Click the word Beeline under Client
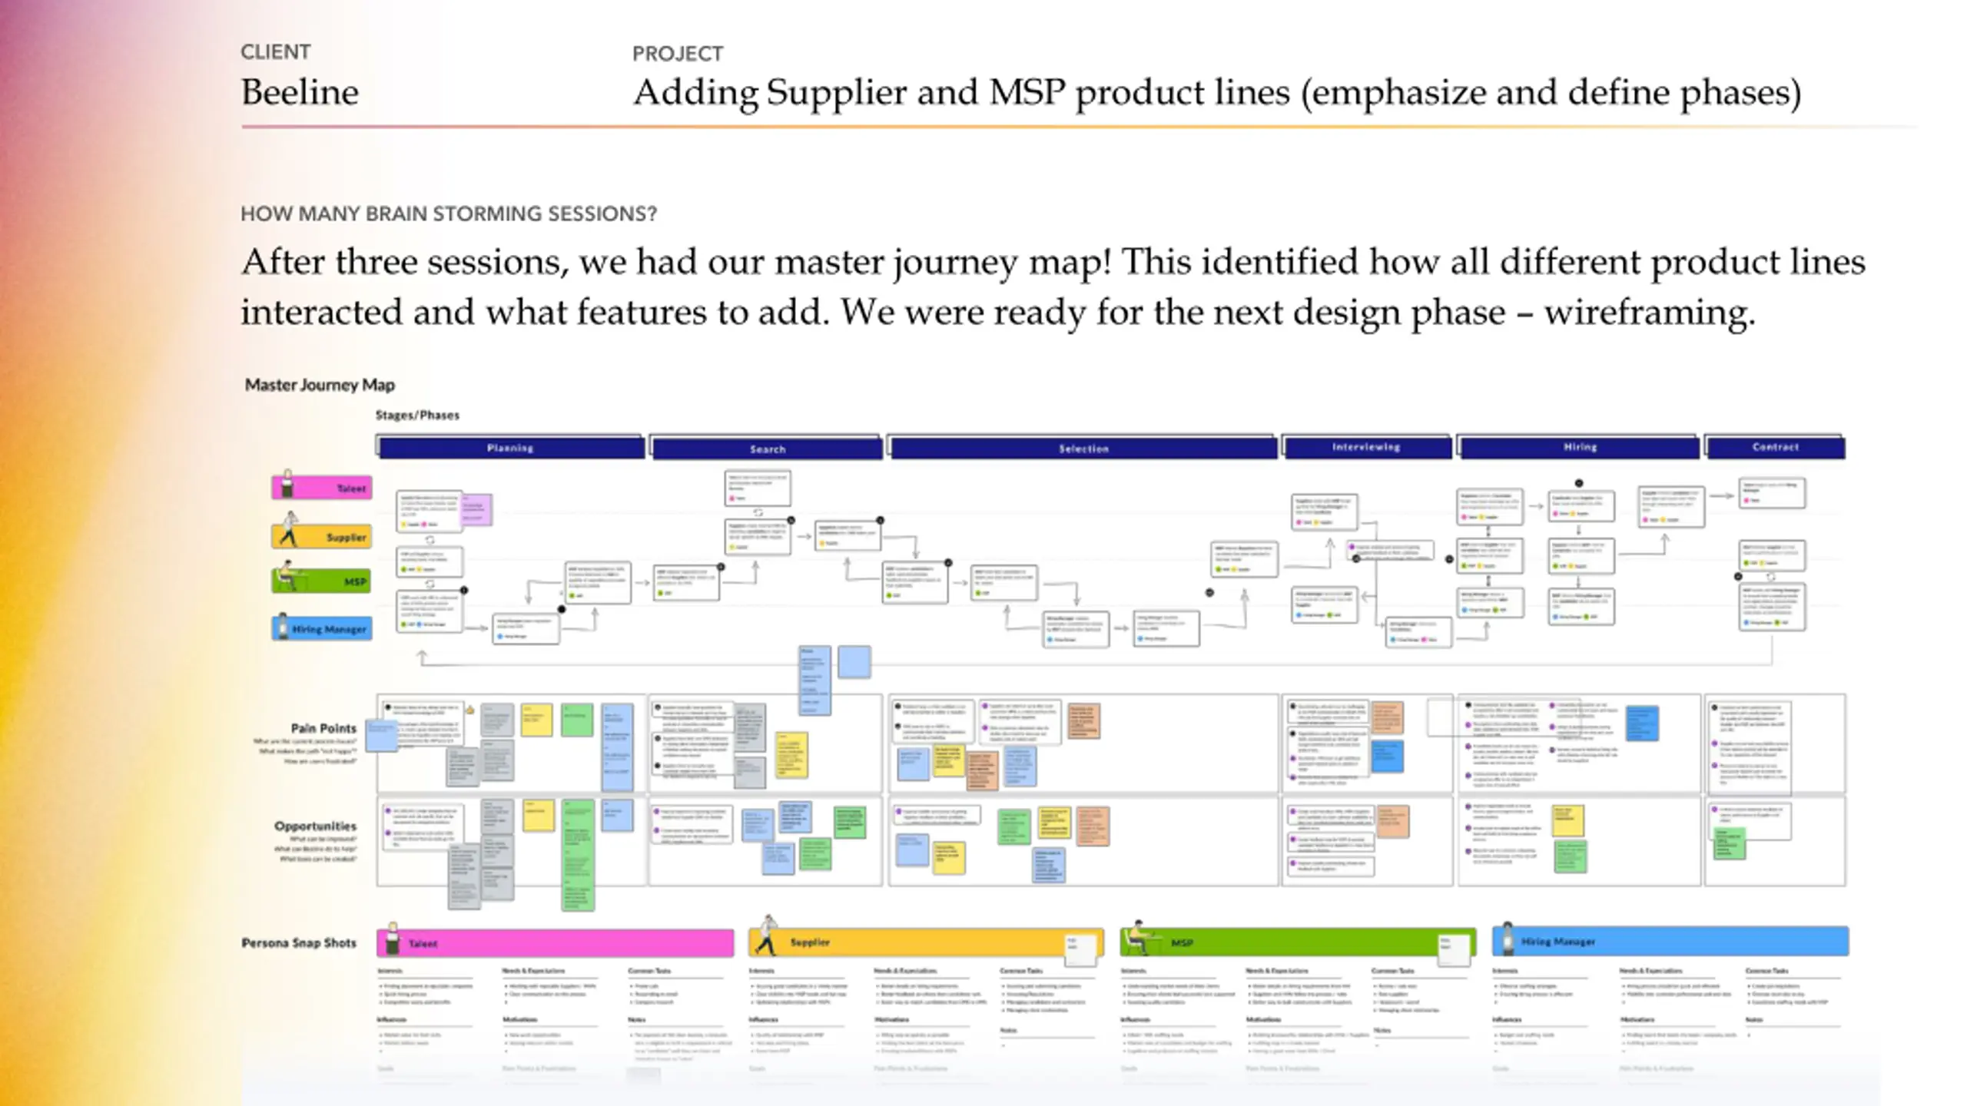pyautogui.click(x=300, y=93)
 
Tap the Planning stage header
pyautogui.click(x=510, y=448)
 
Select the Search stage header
pyautogui.click(x=768, y=449)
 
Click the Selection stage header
pyautogui.click(x=1083, y=449)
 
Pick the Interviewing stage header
pyautogui.click(x=1366, y=447)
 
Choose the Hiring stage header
pyautogui.click(x=1580, y=447)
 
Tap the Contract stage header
pyautogui.click(x=1775, y=447)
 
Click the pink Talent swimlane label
pyautogui.click(x=323, y=488)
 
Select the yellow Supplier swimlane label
pyautogui.click(x=323, y=536)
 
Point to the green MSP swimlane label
pyautogui.click(x=323, y=581)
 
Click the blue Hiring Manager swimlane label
pyautogui.click(x=323, y=628)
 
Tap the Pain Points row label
pyautogui.click(x=323, y=728)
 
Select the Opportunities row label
pyautogui.click(x=315, y=826)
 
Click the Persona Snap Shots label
pyautogui.click(x=299, y=943)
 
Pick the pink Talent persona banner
pyautogui.click(x=555, y=943)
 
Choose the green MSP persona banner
pyautogui.click(x=1297, y=942)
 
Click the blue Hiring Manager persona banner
pyautogui.click(x=1670, y=942)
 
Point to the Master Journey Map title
pyautogui.click(x=320, y=385)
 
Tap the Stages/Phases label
pyautogui.click(x=417, y=416)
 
